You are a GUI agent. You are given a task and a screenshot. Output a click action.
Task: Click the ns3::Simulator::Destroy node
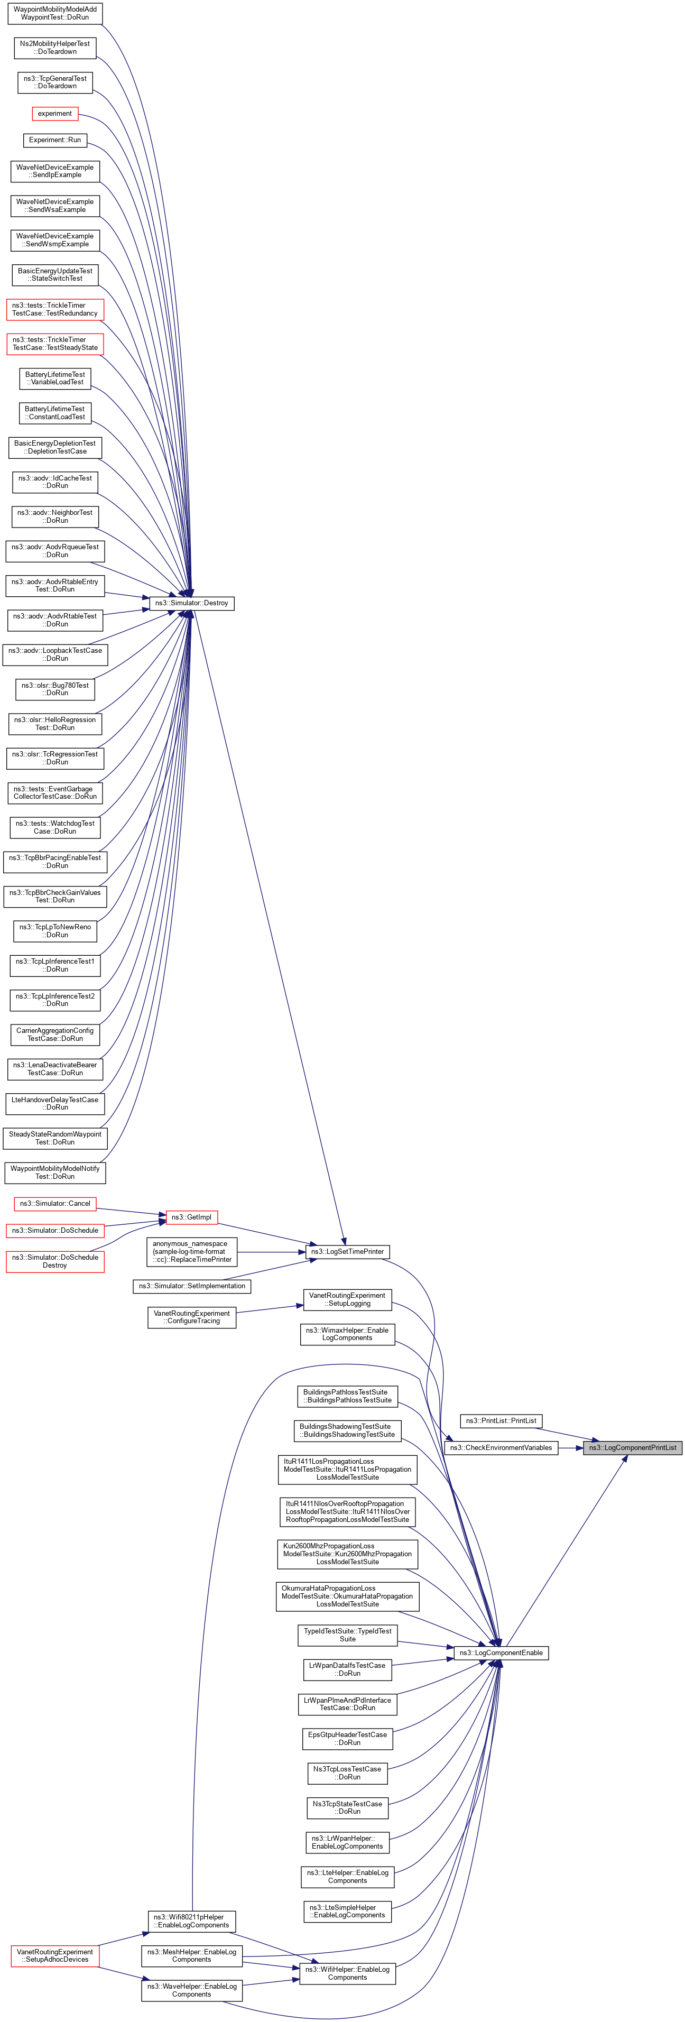tap(191, 603)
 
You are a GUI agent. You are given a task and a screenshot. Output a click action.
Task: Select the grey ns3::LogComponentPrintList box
tap(633, 1447)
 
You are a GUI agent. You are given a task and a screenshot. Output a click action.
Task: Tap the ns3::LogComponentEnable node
tap(501, 1652)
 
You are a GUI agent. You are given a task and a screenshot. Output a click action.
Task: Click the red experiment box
tap(55, 114)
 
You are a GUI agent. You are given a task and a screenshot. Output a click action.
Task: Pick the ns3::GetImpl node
tap(191, 1217)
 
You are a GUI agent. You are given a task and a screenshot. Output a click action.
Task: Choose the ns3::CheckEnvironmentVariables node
tap(501, 1447)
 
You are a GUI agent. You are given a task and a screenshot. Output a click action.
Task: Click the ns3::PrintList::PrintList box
tap(501, 1421)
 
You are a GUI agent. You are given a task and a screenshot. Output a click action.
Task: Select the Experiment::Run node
tap(55, 140)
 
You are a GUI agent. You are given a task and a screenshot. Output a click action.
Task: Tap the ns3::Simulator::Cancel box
tap(55, 1203)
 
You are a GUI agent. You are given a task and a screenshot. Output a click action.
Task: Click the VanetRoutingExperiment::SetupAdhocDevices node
tap(55, 1955)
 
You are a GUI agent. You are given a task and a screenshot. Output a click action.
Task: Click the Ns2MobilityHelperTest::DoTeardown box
tap(55, 48)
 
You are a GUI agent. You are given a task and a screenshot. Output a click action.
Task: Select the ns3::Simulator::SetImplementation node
tap(191, 1286)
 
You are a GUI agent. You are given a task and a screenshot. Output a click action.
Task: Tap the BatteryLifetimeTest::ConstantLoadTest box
tap(55, 413)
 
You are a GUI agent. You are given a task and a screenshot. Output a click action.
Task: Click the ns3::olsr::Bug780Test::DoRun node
tap(55, 689)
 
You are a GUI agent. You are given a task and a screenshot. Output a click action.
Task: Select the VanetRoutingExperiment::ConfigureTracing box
tap(191, 1317)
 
